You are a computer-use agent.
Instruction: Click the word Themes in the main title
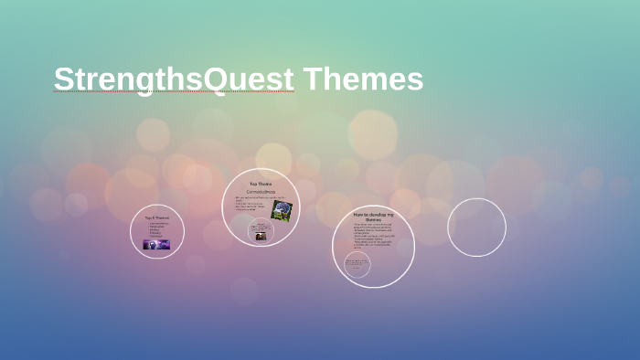coord(363,79)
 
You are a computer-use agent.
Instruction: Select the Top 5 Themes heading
coord(157,217)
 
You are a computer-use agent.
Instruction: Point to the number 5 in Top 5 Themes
coord(156,217)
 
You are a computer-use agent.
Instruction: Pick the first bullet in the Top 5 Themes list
coord(158,224)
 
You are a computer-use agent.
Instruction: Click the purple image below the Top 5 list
coord(156,245)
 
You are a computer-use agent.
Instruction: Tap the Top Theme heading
coord(261,184)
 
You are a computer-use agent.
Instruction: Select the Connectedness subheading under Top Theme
coord(261,192)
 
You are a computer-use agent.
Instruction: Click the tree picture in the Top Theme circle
coord(282,211)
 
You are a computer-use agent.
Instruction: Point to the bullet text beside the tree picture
coord(251,204)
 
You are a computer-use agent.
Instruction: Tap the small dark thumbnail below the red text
coord(261,236)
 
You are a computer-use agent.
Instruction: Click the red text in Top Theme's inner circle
coord(261,227)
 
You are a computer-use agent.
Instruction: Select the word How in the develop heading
coord(358,215)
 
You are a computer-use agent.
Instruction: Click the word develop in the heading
coord(379,215)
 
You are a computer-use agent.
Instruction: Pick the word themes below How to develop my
coord(373,220)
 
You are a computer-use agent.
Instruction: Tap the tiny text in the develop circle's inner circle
coord(357,265)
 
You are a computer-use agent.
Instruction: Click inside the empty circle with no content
coord(476,228)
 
